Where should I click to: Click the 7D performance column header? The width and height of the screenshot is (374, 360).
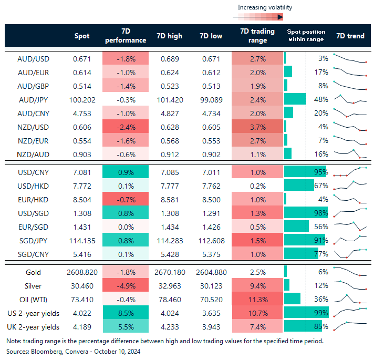pos(126,36)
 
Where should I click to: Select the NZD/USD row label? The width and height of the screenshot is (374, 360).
pos(33,127)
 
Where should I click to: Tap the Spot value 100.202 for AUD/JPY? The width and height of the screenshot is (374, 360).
pos(80,99)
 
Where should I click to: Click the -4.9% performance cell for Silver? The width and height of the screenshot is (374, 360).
pos(126,285)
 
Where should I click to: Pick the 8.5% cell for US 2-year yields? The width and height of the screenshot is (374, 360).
pos(126,313)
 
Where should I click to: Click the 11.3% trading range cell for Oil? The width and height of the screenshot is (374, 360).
pos(257,299)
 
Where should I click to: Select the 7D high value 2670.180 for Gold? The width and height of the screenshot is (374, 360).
pos(169,272)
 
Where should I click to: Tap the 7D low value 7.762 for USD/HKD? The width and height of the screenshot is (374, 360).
pos(213,186)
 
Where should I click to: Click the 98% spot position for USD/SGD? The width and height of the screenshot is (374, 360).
pos(321,213)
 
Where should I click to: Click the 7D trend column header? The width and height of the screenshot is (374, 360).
pos(350,36)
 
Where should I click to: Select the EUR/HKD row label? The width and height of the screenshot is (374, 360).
pos(33,199)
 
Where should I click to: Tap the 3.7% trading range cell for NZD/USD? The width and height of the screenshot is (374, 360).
pos(257,127)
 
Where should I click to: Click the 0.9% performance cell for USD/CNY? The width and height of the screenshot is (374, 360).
pos(126,172)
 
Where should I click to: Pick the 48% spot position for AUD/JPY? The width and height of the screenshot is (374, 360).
pos(321,99)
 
